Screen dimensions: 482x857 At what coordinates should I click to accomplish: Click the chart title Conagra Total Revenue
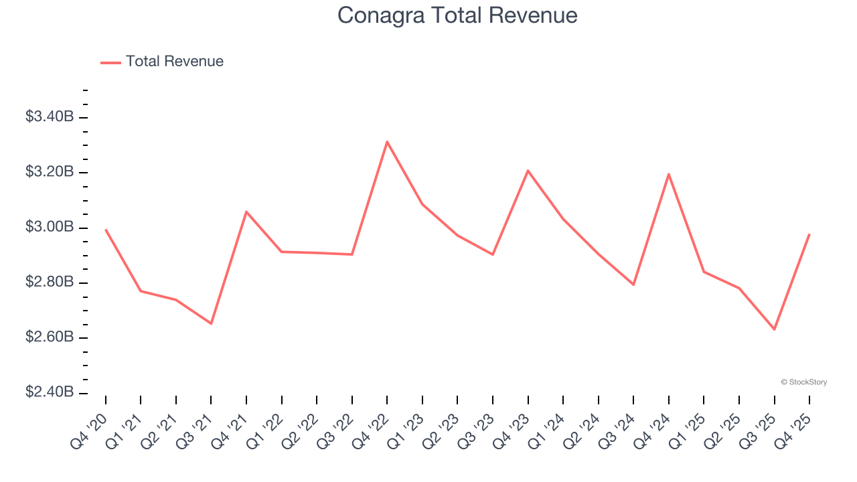[457, 15]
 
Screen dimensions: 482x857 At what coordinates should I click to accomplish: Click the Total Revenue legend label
[174, 62]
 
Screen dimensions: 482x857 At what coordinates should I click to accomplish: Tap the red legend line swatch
[110, 62]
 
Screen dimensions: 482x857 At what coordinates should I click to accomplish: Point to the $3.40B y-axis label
[50, 117]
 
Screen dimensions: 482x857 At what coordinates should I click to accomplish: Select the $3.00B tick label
[50, 228]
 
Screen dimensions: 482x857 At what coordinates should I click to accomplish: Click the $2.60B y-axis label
[50, 337]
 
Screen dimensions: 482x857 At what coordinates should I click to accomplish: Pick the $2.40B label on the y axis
[50, 392]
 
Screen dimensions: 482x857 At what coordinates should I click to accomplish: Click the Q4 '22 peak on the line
[387, 141]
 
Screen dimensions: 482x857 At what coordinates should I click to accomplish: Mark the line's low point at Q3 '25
[774, 329]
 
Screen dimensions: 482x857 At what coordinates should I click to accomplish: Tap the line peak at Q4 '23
[528, 171]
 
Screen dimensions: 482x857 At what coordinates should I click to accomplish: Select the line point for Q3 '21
[211, 323]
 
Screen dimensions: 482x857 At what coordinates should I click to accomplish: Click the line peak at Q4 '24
[669, 174]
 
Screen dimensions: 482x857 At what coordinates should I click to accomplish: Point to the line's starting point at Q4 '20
[106, 230]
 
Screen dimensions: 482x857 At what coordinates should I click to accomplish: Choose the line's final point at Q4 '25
[809, 234]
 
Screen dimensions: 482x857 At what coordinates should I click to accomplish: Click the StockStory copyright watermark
[803, 382]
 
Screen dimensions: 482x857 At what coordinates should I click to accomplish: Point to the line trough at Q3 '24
[633, 285]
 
